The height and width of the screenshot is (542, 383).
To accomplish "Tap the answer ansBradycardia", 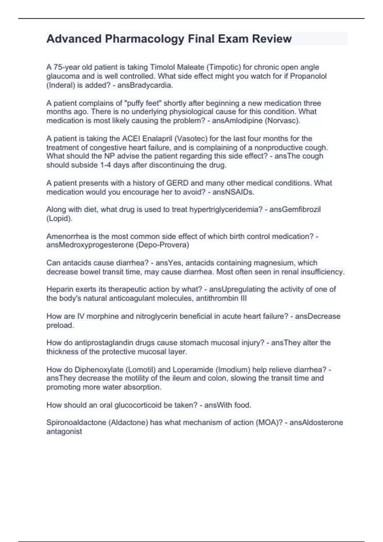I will coord(145,85).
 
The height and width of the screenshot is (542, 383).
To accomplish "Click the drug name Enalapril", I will coord(158,139).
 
